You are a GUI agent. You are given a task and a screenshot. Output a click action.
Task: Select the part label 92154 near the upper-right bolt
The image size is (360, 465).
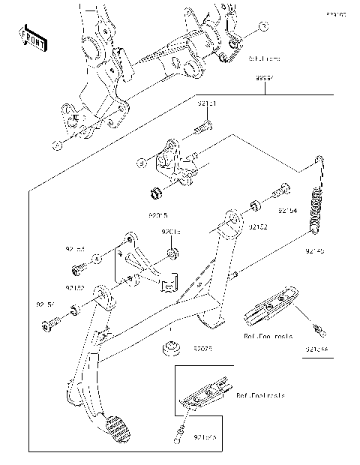[287, 211]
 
